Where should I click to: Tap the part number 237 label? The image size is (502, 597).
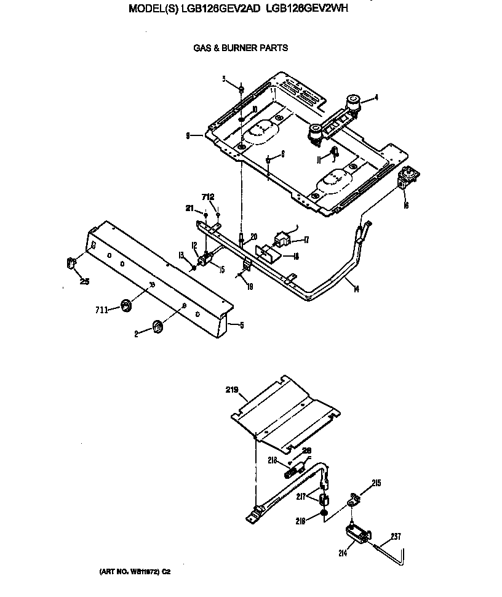(395, 536)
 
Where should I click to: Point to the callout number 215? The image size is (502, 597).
(376, 483)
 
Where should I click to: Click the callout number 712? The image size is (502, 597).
(208, 197)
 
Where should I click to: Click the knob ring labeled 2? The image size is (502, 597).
(157, 327)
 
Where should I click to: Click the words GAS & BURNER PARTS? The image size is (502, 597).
(241, 48)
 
